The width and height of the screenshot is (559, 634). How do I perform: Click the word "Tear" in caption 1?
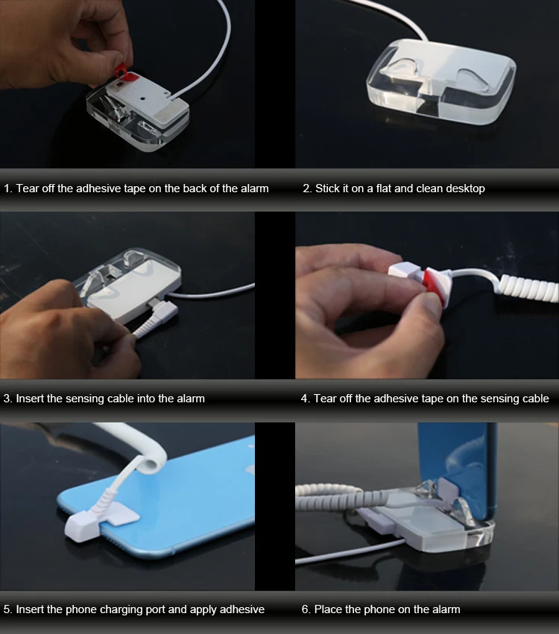30,188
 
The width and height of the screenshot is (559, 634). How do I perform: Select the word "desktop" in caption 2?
461,188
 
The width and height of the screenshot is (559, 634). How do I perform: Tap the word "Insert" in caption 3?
32,399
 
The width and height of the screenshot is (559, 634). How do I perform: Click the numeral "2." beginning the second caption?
307,188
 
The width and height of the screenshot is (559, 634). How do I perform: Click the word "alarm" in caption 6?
445,609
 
